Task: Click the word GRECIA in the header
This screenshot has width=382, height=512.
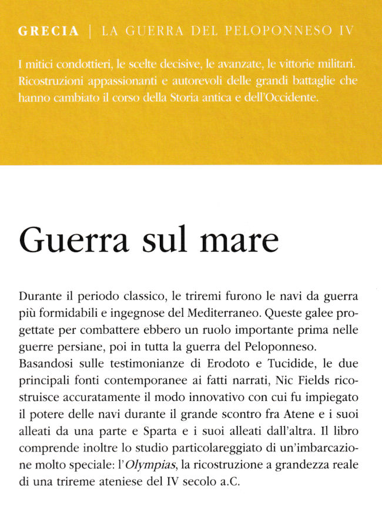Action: point(48,32)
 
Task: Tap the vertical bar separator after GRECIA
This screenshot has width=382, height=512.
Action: point(90,32)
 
